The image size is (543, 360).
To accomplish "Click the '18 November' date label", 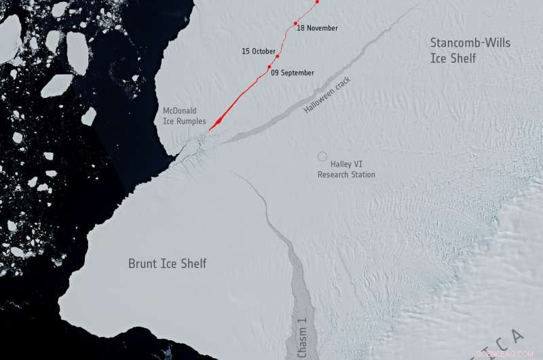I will (x=318, y=29).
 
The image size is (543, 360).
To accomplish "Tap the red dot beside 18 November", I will (x=295, y=24).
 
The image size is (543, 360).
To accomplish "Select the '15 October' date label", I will (x=259, y=52).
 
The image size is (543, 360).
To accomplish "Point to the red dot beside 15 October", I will (x=278, y=56).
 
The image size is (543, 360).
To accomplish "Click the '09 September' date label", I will (x=293, y=73).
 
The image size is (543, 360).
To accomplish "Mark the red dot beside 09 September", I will (x=269, y=67).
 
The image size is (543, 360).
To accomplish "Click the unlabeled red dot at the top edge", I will (x=317, y=2).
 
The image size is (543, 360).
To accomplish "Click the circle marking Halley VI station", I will (x=322, y=156).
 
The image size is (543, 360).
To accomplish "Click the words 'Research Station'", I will (x=346, y=175).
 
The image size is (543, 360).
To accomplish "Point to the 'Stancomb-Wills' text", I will (x=470, y=43).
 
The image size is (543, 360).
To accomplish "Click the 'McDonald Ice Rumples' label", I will (x=184, y=115).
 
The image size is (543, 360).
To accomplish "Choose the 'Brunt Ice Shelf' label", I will (x=167, y=264).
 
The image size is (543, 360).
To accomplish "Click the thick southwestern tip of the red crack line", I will (x=213, y=126).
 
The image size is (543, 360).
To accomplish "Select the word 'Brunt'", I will (x=143, y=264).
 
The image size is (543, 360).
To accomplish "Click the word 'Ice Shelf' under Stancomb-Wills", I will (x=453, y=59).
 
